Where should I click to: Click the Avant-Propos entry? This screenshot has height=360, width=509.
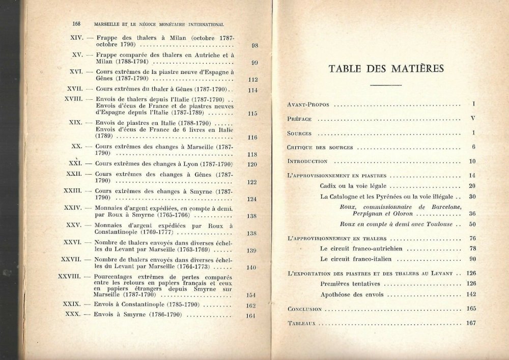tap(308, 105)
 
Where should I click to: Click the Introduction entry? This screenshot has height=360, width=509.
tap(307, 161)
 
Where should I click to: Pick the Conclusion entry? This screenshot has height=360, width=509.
tap(304, 309)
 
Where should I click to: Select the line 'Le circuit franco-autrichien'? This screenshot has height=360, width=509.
tap(361, 248)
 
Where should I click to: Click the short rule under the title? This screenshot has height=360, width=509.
tap(386, 85)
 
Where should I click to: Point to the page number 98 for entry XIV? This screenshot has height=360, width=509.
tap(254, 46)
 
